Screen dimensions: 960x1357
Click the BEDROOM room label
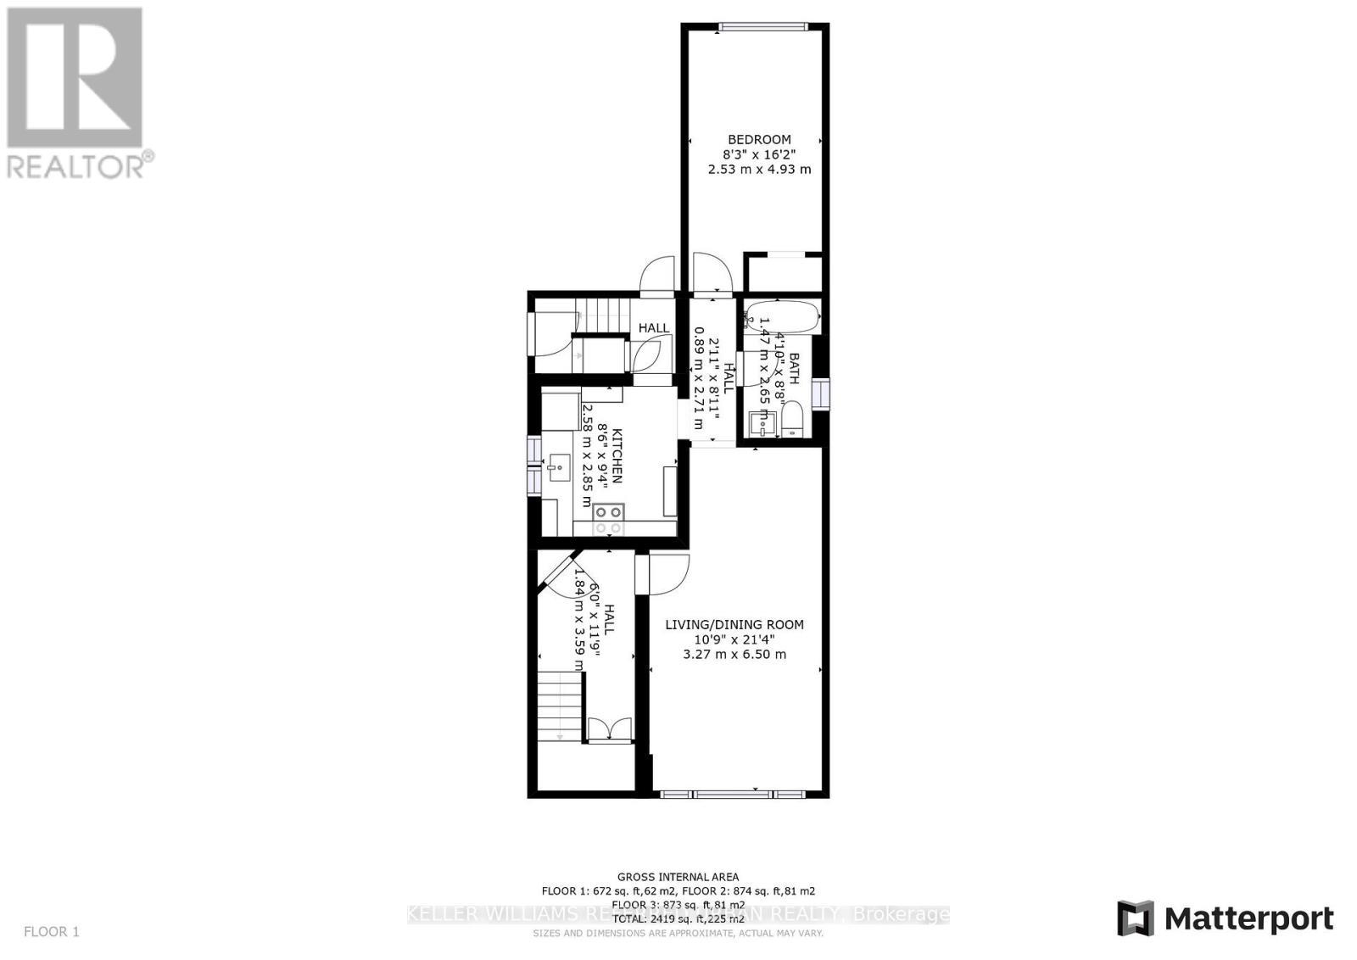pos(759,139)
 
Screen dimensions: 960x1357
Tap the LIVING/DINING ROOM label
pos(734,624)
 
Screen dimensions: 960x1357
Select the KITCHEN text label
pos(617,455)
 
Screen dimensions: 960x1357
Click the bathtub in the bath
pos(782,317)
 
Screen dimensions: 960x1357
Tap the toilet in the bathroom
pos(791,421)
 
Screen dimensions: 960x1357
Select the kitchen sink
pos(558,466)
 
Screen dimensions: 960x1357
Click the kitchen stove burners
pos(608,519)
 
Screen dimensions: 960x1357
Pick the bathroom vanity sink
pos(761,422)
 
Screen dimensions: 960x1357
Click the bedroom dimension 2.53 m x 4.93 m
pos(759,170)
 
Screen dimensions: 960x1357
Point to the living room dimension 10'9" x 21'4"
pos(734,639)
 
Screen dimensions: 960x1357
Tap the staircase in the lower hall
pos(559,705)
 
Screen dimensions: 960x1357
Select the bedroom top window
pos(760,27)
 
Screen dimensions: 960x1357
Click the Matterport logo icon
pos(1135,918)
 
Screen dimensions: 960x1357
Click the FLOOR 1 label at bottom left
pos(51,931)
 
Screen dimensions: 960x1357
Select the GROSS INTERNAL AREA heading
pos(678,877)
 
